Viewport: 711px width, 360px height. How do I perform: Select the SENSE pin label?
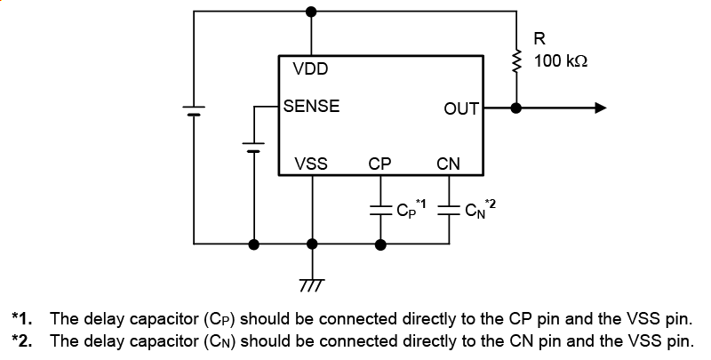coord(311,107)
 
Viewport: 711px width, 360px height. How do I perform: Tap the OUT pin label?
coord(461,108)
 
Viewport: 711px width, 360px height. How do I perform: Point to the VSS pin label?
coord(311,164)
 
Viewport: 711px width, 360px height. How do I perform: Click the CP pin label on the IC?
coord(380,164)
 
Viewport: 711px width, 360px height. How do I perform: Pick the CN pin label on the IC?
coord(449,164)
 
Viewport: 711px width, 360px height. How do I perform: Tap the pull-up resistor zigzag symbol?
coord(515,60)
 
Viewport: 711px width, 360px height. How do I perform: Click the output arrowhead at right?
coord(601,108)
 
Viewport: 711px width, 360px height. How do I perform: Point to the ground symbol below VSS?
coord(311,283)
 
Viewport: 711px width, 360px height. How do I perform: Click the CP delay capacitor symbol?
coord(381,211)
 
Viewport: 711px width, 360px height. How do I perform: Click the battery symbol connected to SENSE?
coord(254,146)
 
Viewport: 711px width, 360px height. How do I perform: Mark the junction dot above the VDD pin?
coord(311,12)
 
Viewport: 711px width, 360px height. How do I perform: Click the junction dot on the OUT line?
coord(515,108)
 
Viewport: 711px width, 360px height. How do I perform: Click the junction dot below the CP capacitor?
coord(381,243)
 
